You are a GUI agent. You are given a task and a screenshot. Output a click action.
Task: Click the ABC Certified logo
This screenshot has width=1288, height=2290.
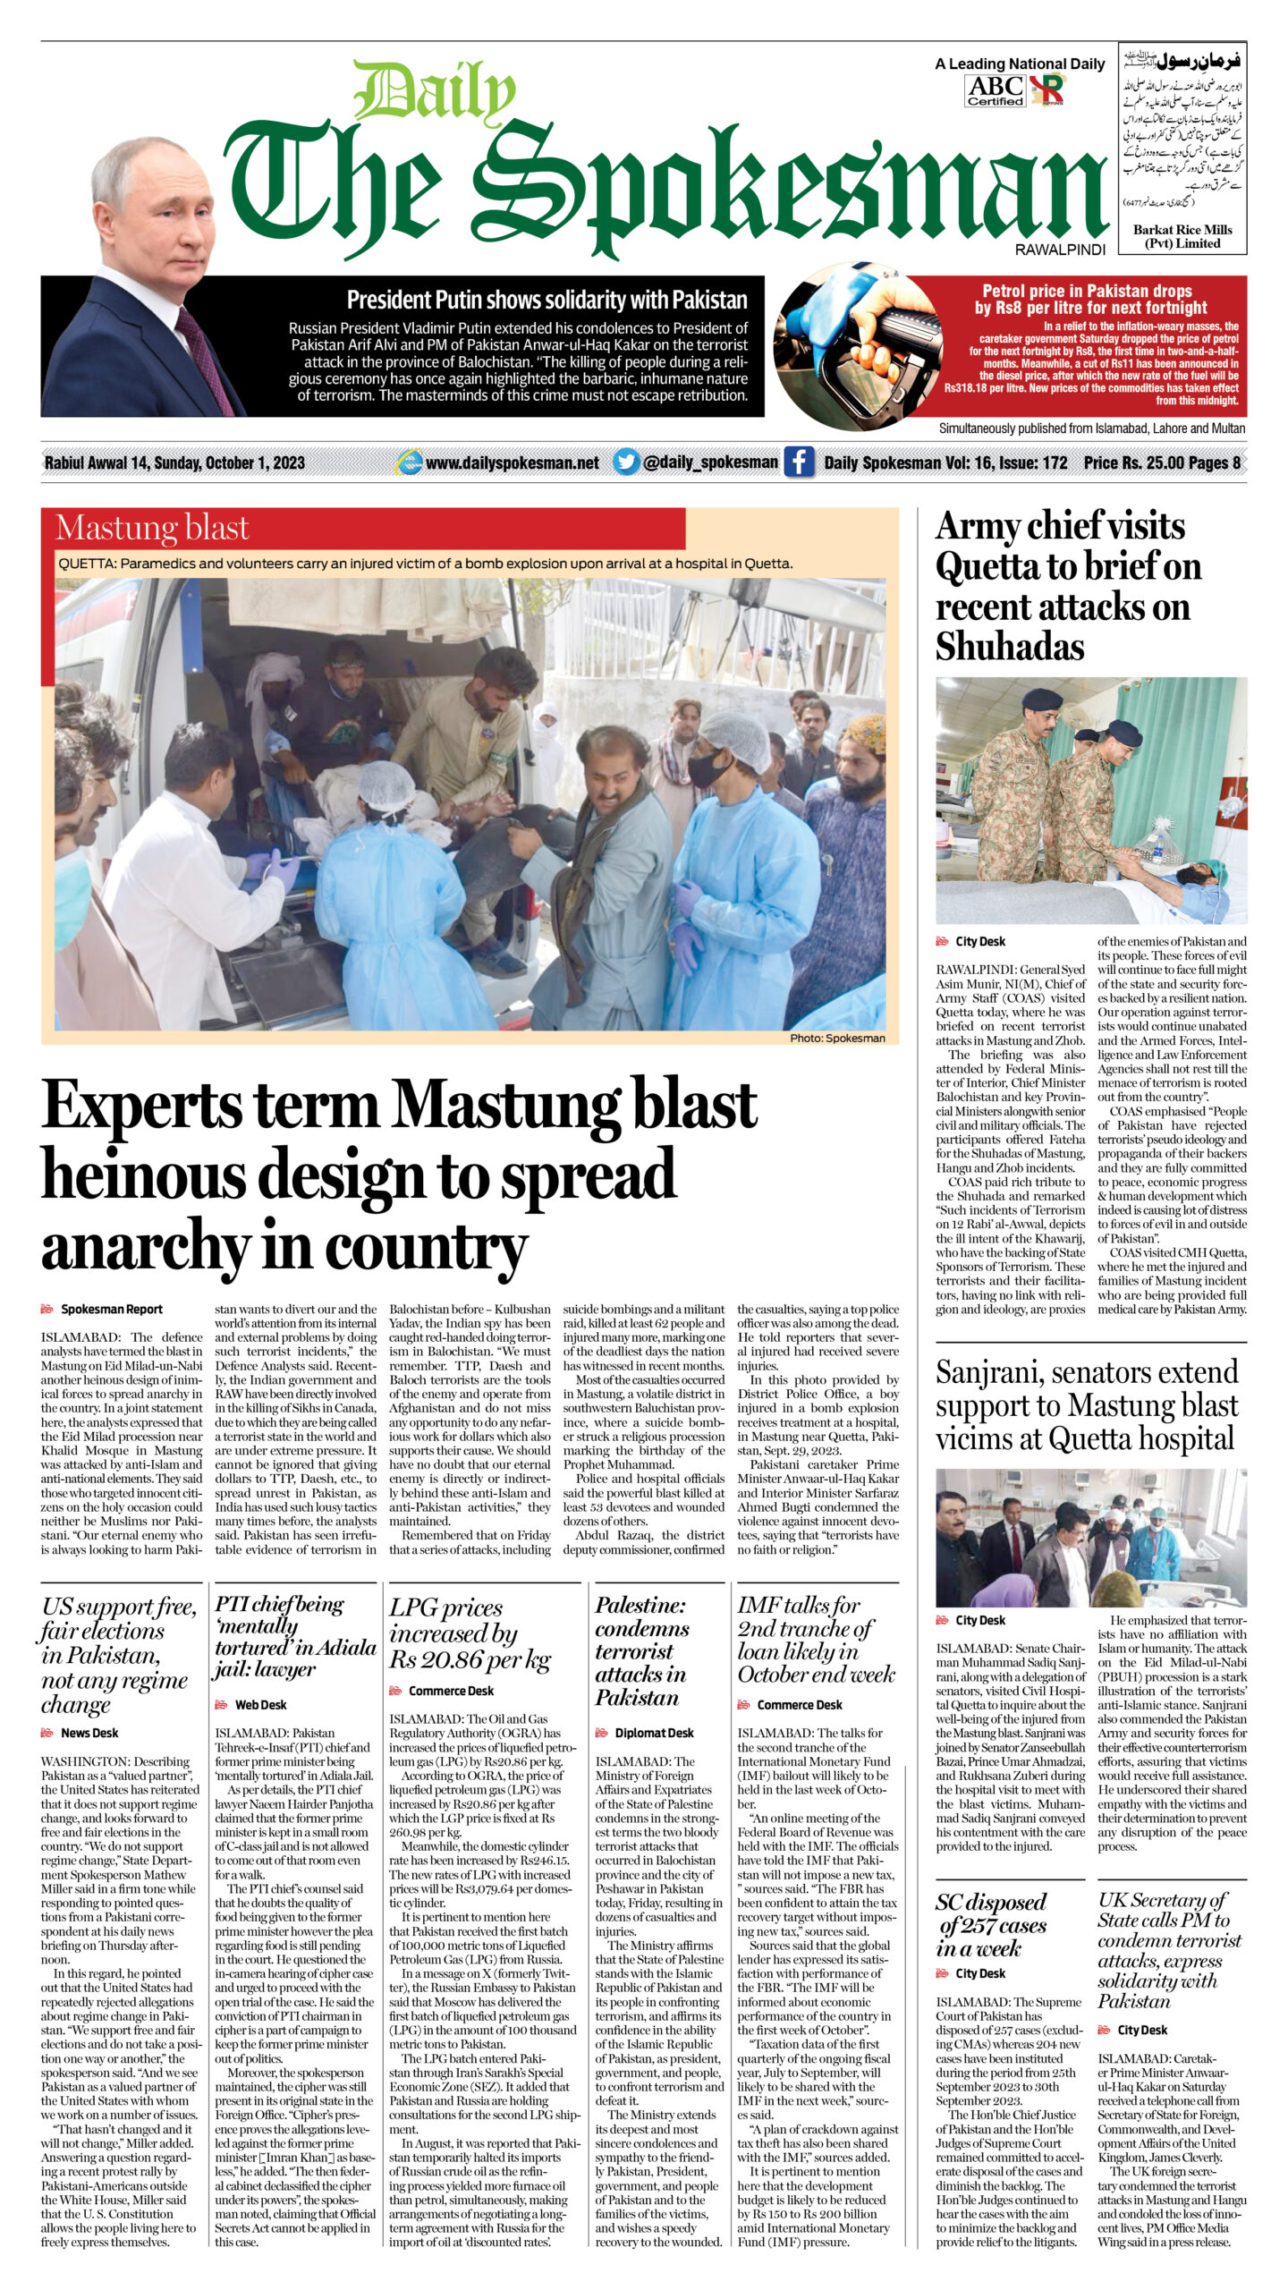(x=996, y=89)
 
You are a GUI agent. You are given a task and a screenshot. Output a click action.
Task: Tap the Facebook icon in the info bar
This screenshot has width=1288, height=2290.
(x=799, y=462)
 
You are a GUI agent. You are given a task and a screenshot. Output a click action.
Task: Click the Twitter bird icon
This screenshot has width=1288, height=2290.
(x=626, y=462)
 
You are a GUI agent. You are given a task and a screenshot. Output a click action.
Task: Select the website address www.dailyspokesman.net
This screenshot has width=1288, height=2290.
(x=512, y=463)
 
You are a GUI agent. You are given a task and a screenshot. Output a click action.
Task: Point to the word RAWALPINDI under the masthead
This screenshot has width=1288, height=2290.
(x=1060, y=250)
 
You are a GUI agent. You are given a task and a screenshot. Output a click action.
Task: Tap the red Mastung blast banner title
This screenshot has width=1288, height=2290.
(x=152, y=529)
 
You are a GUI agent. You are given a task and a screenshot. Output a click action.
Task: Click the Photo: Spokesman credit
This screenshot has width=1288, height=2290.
(x=837, y=1039)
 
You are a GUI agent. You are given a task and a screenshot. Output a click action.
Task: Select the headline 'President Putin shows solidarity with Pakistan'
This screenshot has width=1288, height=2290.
(x=547, y=300)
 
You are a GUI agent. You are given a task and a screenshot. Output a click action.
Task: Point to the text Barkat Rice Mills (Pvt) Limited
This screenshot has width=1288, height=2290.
(x=1182, y=236)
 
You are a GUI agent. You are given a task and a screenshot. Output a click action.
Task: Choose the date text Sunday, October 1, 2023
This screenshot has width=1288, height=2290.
(x=229, y=463)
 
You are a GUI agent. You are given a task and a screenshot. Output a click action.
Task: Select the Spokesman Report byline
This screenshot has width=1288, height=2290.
(x=111, y=1310)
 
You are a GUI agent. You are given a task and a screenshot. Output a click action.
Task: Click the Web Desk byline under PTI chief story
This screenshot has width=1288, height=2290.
(x=260, y=1705)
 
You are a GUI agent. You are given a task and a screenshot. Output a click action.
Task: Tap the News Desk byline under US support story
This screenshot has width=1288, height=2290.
(x=89, y=1733)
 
